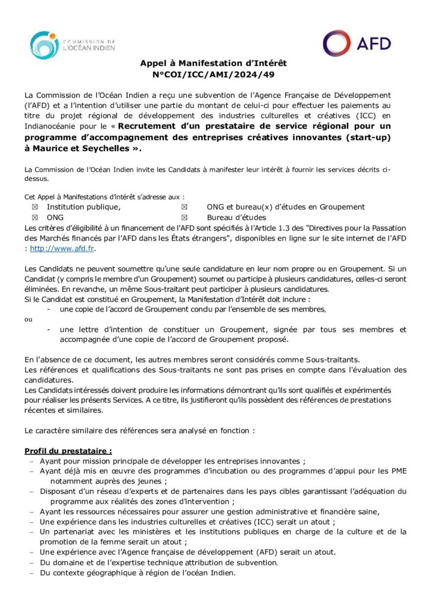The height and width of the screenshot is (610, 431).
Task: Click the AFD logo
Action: [x=357, y=43]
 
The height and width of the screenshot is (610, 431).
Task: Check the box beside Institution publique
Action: [x=35, y=207]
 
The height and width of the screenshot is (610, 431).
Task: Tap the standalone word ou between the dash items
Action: [x=28, y=319]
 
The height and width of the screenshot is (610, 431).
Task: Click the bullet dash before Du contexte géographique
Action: [x=30, y=574]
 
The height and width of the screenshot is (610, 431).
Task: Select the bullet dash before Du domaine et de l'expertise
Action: [x=30, y=563]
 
